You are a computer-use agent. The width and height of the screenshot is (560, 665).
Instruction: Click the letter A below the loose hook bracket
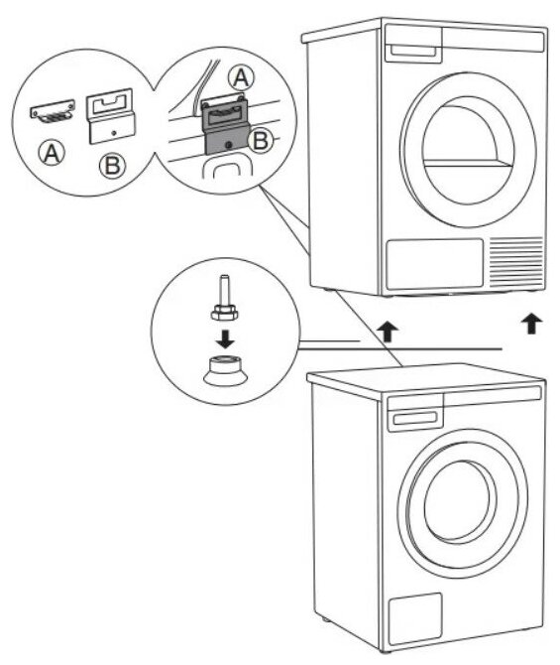coord(52,153)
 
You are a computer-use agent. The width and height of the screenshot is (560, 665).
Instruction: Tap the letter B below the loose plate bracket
coord(112,166)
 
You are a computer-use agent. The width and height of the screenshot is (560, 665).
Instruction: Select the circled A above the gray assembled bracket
coord(241,78)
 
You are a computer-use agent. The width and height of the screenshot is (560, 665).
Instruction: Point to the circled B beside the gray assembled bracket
coord(260,140)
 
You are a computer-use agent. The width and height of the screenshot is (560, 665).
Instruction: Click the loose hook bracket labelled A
coord(53,111)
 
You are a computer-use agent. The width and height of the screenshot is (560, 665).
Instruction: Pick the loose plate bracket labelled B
coord(110,116)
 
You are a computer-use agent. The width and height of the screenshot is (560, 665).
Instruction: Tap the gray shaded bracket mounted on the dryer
coord(225,124)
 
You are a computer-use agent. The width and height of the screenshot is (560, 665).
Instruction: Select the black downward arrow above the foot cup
coord(225,338)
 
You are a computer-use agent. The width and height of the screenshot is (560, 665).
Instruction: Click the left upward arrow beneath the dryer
coord(388,331)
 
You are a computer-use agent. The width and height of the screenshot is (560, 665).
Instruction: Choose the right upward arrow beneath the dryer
coord(532,324)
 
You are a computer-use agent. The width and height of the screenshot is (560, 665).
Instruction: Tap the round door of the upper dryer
coord(468,150)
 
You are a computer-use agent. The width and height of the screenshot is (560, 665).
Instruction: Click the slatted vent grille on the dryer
coord(516,262)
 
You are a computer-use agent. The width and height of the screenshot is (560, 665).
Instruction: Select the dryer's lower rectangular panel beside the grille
coord(434,264)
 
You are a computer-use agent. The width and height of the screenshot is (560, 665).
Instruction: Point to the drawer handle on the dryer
coord(412,51)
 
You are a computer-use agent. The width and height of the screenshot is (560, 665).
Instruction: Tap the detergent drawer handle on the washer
coord(415,418)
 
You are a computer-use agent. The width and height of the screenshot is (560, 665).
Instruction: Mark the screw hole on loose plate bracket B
coord(114,133)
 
